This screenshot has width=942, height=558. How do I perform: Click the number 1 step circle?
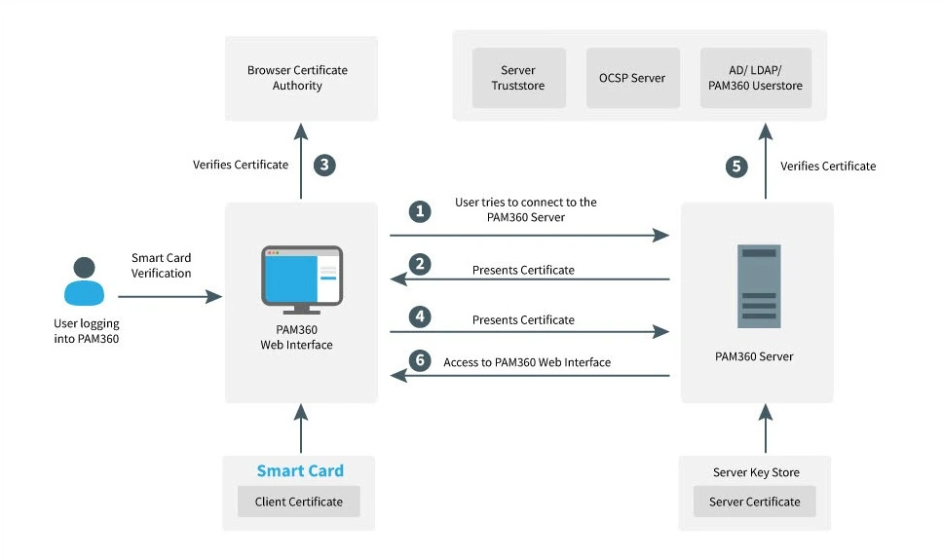click(420, 211)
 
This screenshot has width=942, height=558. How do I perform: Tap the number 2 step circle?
click(420, 264)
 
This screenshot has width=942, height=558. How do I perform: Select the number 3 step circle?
click(324, 165)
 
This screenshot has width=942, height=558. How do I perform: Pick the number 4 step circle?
click(420, 316)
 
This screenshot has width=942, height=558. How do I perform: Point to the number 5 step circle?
click(738, 167)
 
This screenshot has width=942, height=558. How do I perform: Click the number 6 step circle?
click(420, 360)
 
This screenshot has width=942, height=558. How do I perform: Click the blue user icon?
click(86, 281)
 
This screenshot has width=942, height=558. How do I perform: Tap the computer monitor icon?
click(301, 279)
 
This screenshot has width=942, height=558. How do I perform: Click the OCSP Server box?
click(633, 78)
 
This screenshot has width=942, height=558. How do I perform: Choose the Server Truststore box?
click(518, 78)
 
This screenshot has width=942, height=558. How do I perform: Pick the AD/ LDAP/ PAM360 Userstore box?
click(755, 78)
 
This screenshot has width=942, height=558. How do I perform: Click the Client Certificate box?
click(299, 502)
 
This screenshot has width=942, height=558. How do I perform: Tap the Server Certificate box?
click(754, 502)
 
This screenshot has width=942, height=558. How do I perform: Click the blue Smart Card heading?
click(300, 471)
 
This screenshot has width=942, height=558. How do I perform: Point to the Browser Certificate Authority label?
click(297, 78)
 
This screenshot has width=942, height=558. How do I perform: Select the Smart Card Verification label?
click(162, 266)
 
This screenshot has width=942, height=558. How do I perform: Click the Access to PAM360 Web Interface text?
click(527, 362)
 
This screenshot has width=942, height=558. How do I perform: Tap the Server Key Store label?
click(756, 472)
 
